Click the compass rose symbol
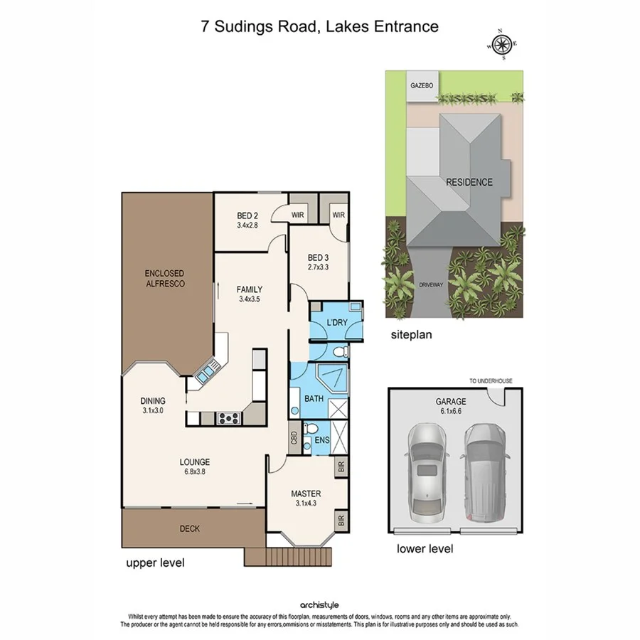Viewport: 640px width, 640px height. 502,44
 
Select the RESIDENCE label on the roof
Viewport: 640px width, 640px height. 469,182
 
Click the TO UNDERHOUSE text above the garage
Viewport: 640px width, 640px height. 491,381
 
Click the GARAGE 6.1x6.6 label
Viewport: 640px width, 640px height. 451,406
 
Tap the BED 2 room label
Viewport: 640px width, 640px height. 247,220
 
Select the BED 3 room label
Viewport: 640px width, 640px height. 317,263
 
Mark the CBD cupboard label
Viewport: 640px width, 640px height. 293,437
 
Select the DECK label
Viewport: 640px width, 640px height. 190,528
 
